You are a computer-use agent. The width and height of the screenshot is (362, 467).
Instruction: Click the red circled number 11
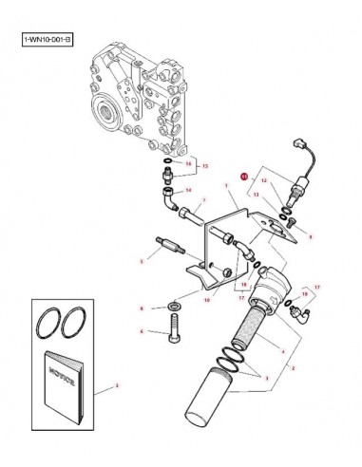244,176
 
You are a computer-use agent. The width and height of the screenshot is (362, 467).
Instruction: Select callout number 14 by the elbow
188,189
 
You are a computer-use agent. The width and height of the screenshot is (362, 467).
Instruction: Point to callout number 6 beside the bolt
142,331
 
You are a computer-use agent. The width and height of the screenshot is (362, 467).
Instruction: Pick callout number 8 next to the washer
142,308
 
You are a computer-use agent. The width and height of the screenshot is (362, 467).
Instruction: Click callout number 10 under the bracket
204,299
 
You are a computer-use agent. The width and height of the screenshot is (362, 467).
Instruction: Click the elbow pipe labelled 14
167,200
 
